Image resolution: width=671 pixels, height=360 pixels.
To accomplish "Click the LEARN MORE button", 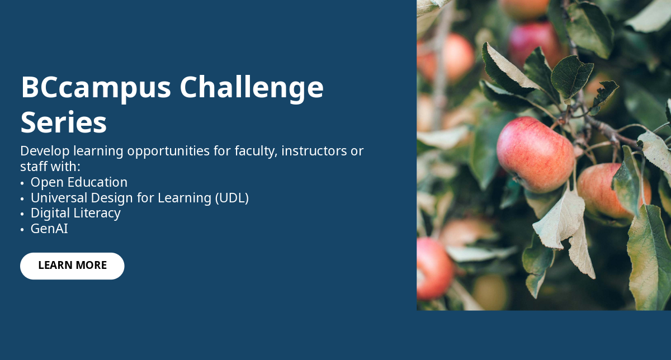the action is [x=72, y=266].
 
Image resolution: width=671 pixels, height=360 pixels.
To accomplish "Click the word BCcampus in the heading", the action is [x=96, y=88].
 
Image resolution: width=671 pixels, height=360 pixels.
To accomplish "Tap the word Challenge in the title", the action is [x=252, y=88].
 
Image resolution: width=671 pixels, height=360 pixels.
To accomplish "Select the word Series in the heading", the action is [x=64, y=122].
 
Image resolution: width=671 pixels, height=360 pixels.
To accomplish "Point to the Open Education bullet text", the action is [x=79, y=182].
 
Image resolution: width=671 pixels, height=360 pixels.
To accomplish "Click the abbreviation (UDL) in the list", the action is [x=232, y=198].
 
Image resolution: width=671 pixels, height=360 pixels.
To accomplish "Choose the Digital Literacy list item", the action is [x=75, y=213].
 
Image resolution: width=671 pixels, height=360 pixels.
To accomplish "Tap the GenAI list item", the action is [x=49, y=229].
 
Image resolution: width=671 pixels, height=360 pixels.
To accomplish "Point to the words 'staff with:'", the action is [x=50, y=167].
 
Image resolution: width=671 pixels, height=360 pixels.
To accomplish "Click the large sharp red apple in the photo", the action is [x=536, y=154].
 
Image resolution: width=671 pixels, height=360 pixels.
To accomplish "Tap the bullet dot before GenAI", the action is [x=22, y=230].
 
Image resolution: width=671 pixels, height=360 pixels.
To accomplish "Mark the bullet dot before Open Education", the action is [x=22, y=183].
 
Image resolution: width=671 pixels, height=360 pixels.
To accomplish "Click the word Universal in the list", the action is [x=59, y=198].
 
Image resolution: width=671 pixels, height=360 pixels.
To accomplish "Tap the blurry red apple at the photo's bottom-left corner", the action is [x=434, y=269].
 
